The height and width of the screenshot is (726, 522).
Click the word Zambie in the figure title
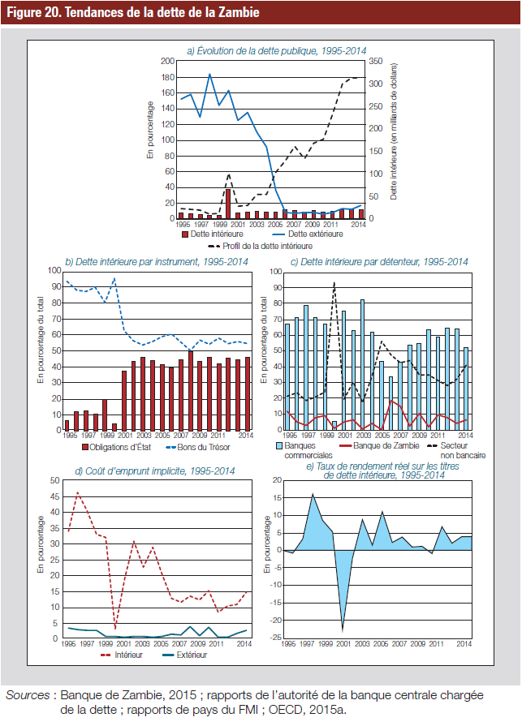click(x=239, y=12)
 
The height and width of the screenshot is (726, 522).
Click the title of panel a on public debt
click(x=277, y=51)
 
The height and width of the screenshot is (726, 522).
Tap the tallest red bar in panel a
click(x=228, y=204)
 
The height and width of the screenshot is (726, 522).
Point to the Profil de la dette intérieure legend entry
click(x=261, y=247)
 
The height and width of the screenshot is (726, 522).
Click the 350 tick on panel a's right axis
click(x=376, y=61)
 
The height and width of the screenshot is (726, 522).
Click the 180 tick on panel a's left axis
click(x=168, y=77)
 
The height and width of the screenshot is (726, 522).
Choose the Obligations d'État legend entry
click(x=116, y=447)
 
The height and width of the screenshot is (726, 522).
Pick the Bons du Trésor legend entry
click(x=198, y=447)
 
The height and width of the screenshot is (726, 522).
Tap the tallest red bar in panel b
click(x=191, y=391)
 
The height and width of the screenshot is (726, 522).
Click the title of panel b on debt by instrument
click(x=157, y=262)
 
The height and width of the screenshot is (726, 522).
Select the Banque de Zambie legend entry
click(x=379, y=445)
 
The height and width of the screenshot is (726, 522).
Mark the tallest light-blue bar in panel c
click(x=362, y=365)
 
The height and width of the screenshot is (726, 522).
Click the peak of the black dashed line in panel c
click(x=334, y=282)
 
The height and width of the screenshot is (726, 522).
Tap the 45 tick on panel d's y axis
click(x=55, y=496)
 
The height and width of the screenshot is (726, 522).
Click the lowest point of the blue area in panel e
click(x=343, y=631)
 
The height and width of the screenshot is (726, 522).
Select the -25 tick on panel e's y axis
click(x=276, y=638)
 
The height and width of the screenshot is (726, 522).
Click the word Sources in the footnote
click(x=28, y=695)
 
